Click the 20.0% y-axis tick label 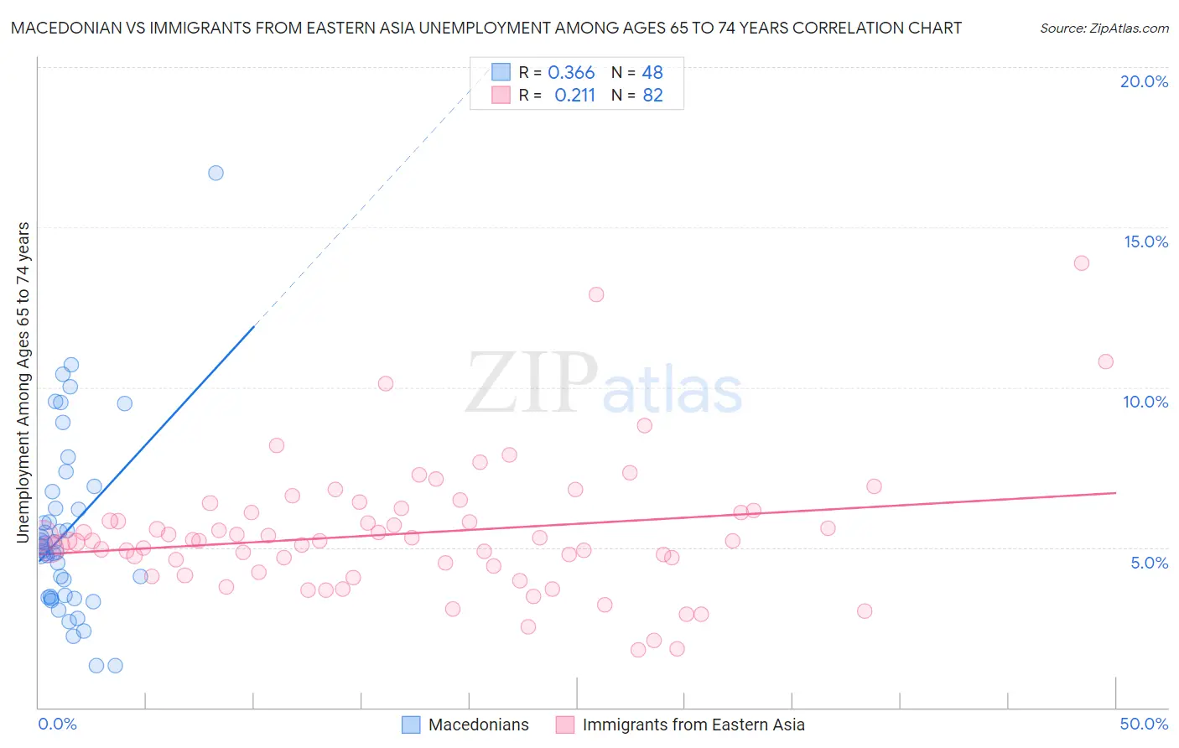pos(1144,81)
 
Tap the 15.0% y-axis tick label pos(1145,242)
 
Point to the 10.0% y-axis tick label pos(1145,402)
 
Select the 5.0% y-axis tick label pos(1149,563)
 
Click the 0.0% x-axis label pos(57,724)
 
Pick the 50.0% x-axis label pos(1144,724)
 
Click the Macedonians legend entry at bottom pos(478,725)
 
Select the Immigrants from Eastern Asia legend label pos(693,725)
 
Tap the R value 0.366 pos(571,73)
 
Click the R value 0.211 pos(574,96)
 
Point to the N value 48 pos(652,73)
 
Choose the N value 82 pos(652,96)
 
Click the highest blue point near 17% pos(216,173)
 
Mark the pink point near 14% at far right pos(1082,263)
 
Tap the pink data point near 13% pos(596,294)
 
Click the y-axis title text pos(23,382)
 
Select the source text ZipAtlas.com pos(1104,29)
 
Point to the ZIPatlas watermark pos(604,384)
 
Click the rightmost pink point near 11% pos(1105,361)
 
